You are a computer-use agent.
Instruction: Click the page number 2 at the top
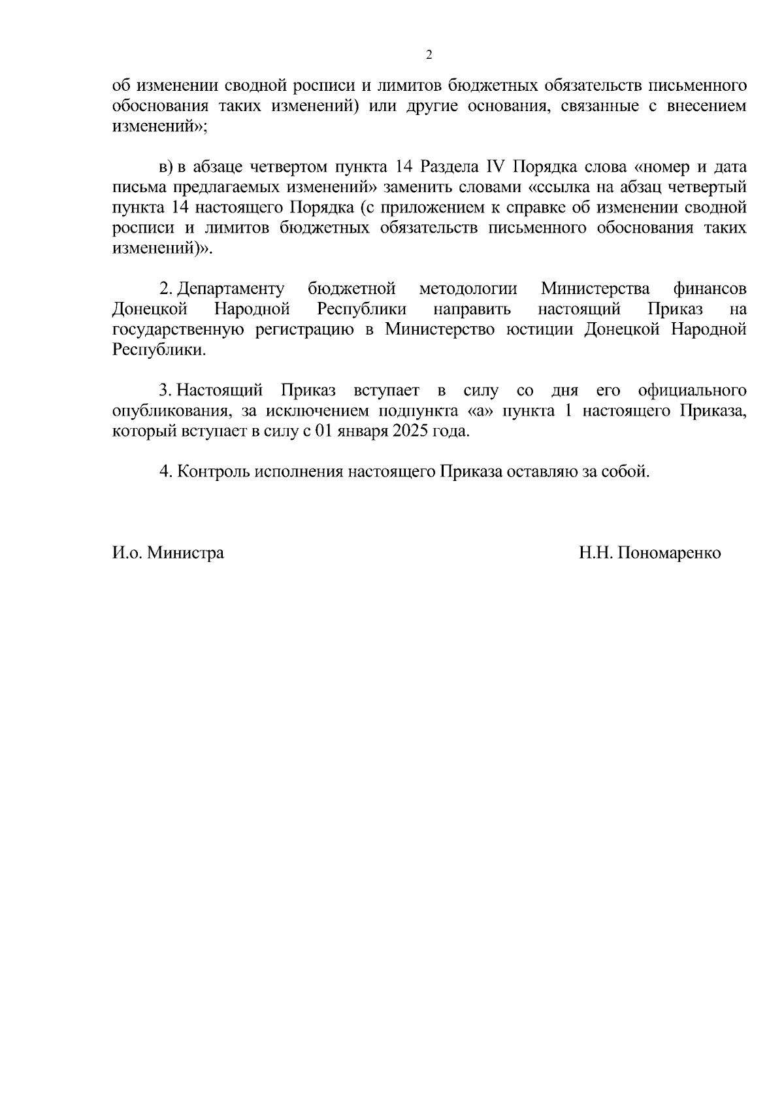[429, 55]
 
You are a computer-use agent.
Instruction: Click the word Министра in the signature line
[186, 553]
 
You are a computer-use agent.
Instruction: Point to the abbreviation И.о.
[127, 553]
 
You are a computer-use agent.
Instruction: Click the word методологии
[468, 289]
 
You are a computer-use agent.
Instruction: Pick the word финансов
[710, 289]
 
